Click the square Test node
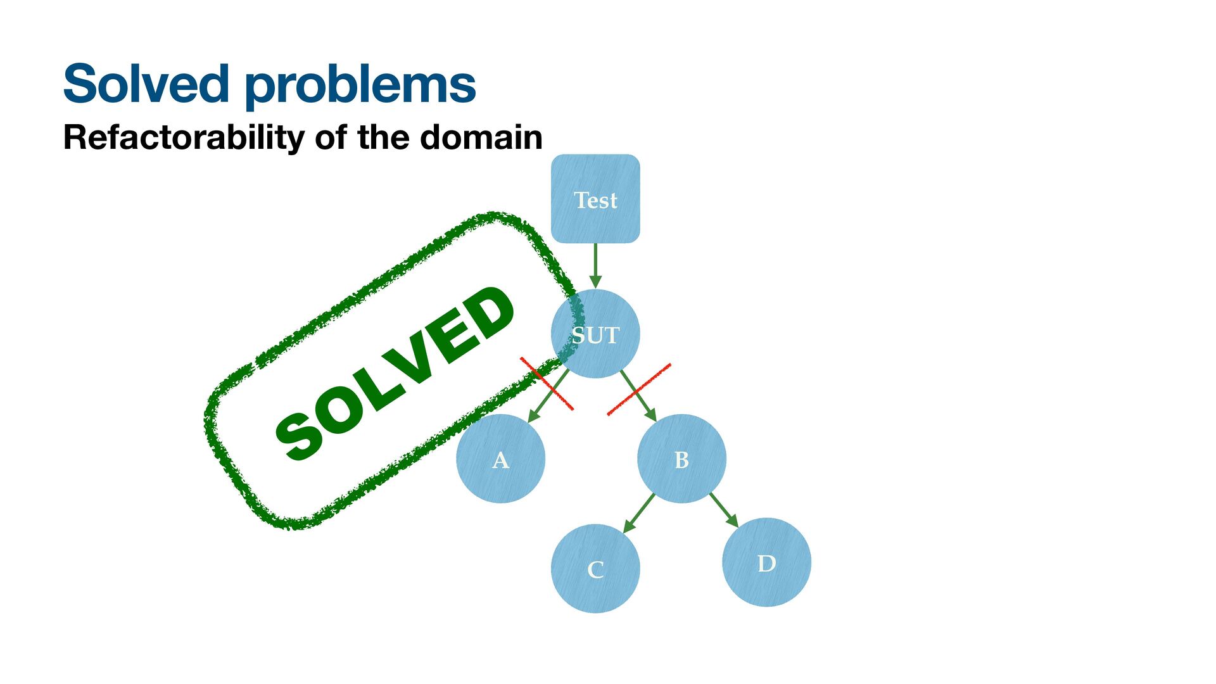tap(595, 198)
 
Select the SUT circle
tap(595, 334)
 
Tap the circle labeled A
tap(500, 459)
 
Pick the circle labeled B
tap(681, 459)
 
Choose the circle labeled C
tap(595, 568)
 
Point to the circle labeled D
tap(766, 562)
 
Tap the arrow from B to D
tap(723, 509)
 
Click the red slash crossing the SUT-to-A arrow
tap(547, 384)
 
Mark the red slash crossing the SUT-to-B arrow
tap(638, 389)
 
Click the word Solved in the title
tap(146, 84)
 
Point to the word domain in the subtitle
tap(481, 137)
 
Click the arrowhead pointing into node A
tap(533, 416)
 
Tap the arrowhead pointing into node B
tap(650, 415)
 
